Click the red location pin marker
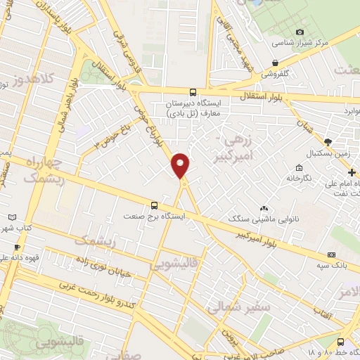pos(181,165)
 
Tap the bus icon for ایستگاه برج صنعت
pos(155,206)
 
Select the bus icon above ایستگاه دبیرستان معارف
pos(193,91)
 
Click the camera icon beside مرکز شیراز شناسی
pos(300,32)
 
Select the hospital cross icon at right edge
pos(353,172)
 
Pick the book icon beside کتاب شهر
pos(11,217)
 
